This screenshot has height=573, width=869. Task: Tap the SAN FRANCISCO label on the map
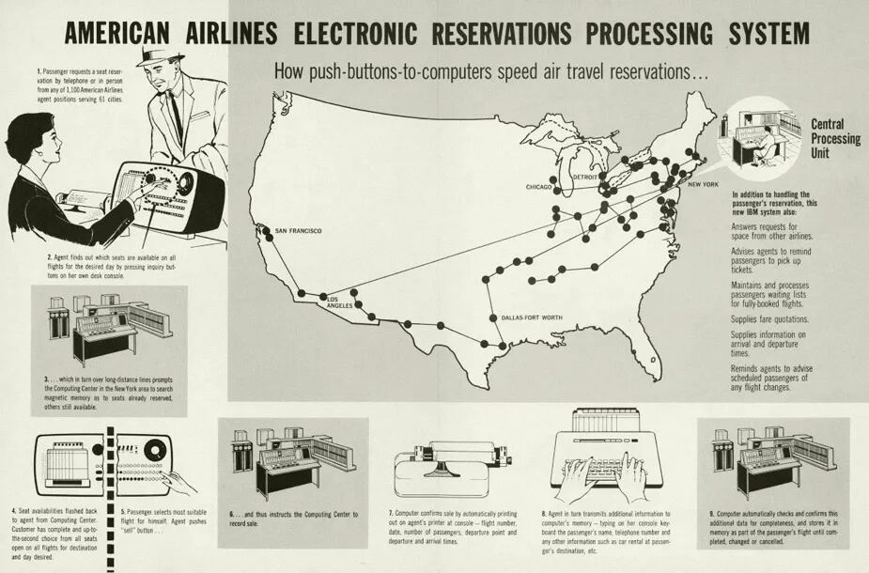298,231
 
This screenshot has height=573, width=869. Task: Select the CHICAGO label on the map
539,187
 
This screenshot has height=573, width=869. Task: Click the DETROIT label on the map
586,175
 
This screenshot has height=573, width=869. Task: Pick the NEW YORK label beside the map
703,184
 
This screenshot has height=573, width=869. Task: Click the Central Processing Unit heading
834,138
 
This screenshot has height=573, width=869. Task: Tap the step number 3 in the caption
46,380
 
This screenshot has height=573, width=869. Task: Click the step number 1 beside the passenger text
39,71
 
